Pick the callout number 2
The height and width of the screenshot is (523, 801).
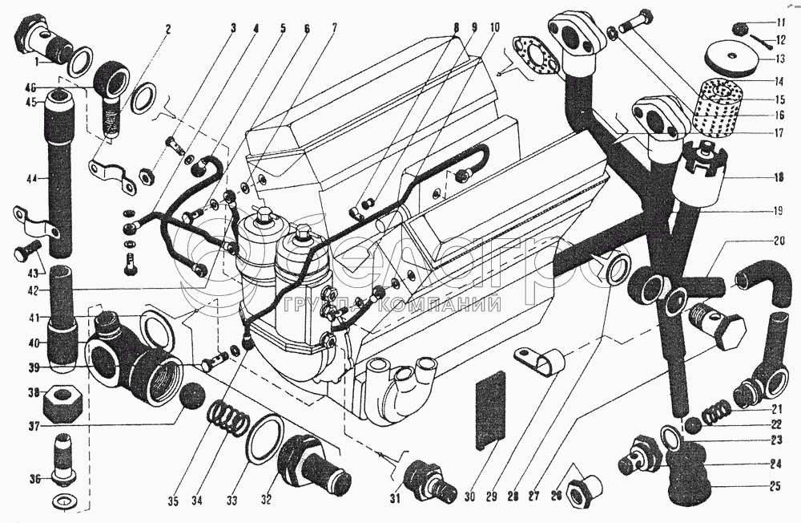(x=167, y=30)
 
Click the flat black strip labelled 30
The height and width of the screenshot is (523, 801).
(x=491, y=408)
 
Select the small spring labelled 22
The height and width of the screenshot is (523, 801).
(x=714, y=416)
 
